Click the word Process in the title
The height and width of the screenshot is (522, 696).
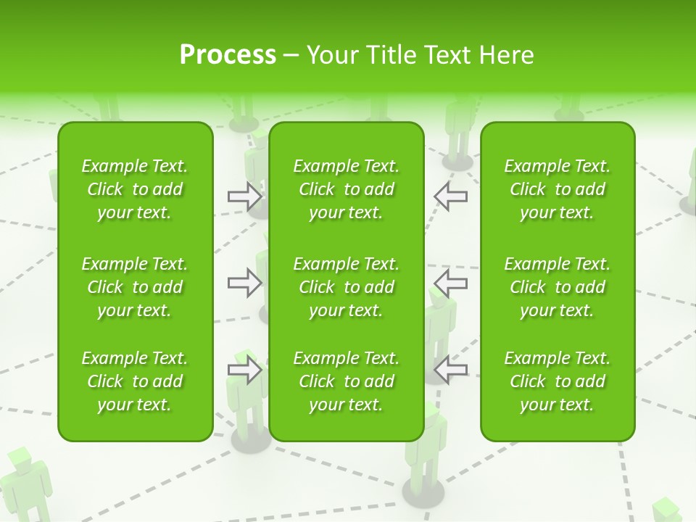[x=228, y=55]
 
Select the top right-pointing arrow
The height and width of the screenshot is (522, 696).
[x=244, y=196]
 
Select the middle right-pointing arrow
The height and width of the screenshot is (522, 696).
[x=244, y=283]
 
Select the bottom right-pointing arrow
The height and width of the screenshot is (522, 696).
[x=244, y=370]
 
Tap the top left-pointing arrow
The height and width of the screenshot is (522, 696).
[x=451, y=196]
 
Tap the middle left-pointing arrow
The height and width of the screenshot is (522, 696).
[x=451, y=283]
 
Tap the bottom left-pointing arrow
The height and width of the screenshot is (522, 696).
[x=451, y=370]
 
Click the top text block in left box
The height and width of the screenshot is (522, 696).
[x=135, y=189]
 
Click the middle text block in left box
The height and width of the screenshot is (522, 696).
[x=135, y=287]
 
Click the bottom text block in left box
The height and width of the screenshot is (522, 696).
[x=135, y=381]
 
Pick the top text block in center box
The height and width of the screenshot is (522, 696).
[x=347, y=189]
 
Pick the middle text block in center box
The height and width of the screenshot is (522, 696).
[x=347, y=287]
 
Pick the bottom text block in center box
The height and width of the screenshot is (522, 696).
[x=347, y=381]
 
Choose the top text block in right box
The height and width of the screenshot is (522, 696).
[x=558, y=189]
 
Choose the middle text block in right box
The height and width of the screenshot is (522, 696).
[x=558, y=287]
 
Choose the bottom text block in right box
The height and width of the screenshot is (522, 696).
[x=558, y=381]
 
